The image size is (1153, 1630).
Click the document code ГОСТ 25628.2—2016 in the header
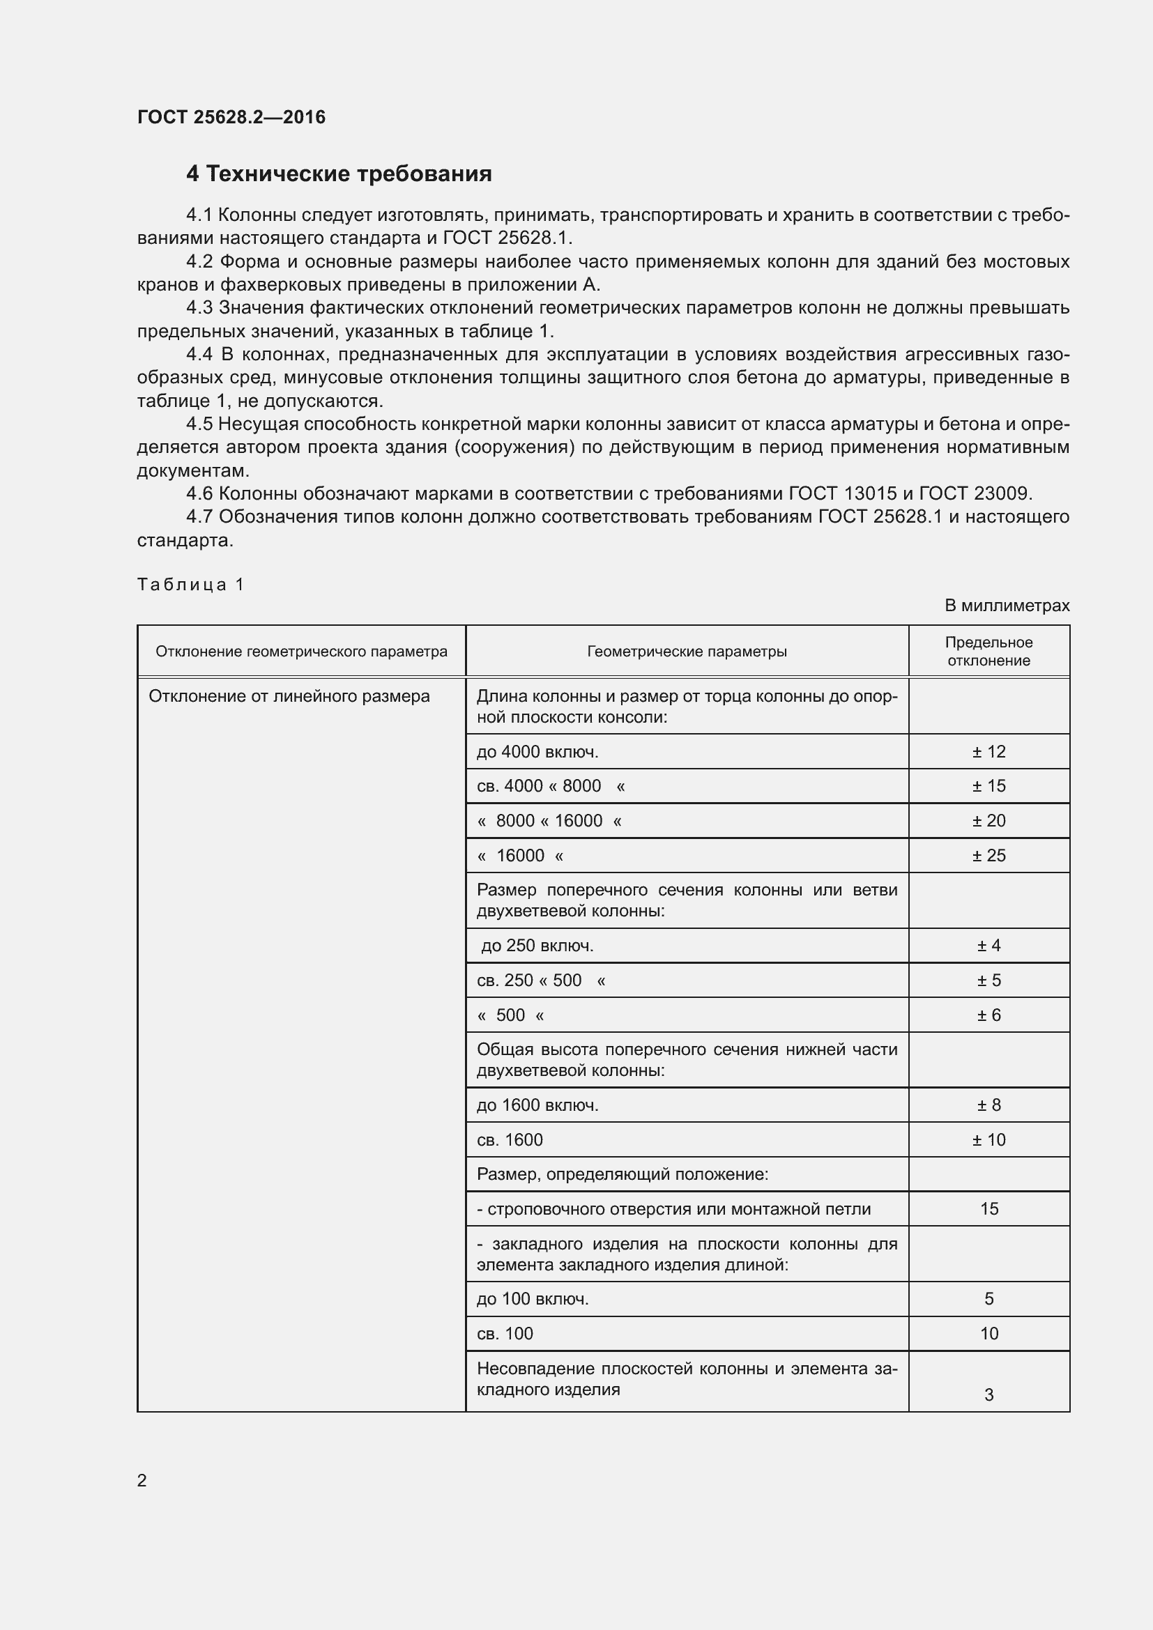point(231,117)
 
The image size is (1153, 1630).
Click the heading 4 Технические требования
point(339,174)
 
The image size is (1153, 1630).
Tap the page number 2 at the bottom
point(142,1480)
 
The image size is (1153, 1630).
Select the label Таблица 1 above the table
point(190,584)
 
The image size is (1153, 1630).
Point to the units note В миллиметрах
point(1006,606)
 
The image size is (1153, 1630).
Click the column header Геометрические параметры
point(687,651)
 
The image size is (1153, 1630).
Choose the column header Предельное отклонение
point(988,651)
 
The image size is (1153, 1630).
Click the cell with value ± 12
point(988,751)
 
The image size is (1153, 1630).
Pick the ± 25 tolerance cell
point(988,856)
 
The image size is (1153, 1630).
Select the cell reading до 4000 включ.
point(537,751)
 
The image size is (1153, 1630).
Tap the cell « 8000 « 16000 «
point(549,821)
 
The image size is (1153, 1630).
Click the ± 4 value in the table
point(988,945)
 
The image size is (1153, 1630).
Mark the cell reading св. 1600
point(510,1139)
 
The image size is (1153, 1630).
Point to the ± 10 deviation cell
point(988,1139)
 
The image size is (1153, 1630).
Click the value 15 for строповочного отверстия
point(988,1208)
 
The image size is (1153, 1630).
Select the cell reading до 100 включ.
point(533,1298)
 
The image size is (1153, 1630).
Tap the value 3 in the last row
point(988,1394)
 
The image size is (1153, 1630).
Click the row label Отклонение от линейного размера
point(289,696)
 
